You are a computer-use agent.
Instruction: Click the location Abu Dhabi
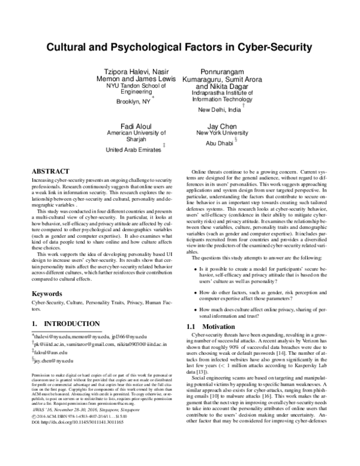click(218, 144)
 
